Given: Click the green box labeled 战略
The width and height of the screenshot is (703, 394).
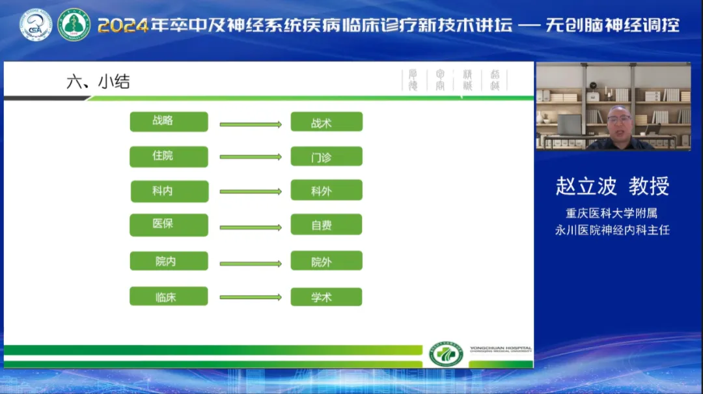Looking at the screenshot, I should [169, 122].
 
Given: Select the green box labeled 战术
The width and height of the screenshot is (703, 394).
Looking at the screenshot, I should [326, 122].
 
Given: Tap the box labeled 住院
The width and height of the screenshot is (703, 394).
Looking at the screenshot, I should [169, 157].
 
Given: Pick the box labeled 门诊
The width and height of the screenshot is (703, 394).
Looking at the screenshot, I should [326, 157].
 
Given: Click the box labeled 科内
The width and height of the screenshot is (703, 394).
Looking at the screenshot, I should [169, 191].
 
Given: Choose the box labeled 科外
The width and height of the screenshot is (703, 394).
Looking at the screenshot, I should [326, 191].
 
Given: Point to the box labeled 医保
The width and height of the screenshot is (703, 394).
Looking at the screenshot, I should [169, 225].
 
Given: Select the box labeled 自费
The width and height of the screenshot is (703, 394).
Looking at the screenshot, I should [326, 225].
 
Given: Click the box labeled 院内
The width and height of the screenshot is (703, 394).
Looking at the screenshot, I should [169, 261].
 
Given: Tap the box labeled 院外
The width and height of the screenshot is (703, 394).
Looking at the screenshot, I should [326, 261].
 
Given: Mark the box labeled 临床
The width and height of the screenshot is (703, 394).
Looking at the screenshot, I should [169, 296].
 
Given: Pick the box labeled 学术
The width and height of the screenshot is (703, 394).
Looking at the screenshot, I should [326, 296].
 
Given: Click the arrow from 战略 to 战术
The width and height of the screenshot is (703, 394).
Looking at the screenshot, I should [250, 124].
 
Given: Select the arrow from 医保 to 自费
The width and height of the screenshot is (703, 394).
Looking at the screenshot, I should [250, 227].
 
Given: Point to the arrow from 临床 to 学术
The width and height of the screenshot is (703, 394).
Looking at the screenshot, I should [250, 297].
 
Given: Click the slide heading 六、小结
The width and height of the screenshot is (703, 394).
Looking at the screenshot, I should [98, 81].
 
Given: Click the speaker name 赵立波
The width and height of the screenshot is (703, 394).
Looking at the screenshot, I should [586, 186].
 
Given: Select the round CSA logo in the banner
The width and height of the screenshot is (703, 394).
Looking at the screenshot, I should [35, 25].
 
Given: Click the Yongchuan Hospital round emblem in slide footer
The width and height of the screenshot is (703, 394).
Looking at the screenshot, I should [446, 354].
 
